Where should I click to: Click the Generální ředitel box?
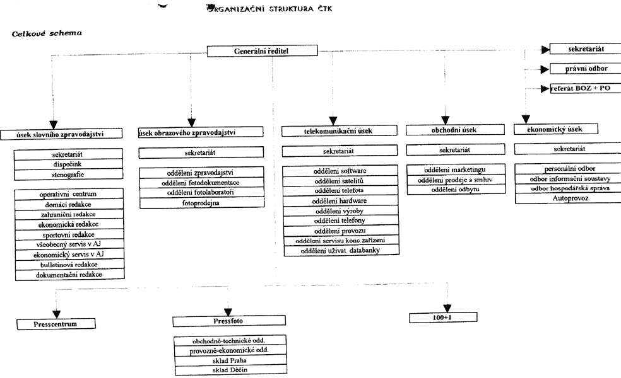[x=261, y=51]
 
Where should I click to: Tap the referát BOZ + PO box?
[x=585, y=88]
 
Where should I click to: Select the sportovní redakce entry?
[x=69, y=234]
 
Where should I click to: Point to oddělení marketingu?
[x=454, y=170]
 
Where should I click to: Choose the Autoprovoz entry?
[x=567, y=198]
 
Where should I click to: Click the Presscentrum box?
[x=56, y=324]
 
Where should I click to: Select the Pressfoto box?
[x=211, y=321]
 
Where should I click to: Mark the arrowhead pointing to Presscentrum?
[x=56, y=313]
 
